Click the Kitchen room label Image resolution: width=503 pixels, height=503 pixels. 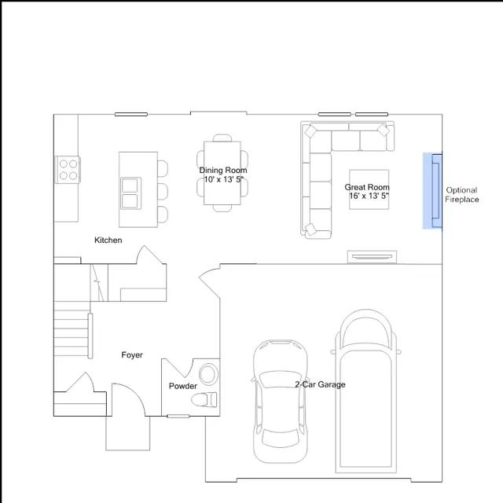tap(108, 240)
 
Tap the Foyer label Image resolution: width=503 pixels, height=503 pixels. tap(132, 354)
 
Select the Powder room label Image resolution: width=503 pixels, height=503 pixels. tap(183, 386)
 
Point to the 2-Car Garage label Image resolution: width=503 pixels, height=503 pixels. tap(320, 384)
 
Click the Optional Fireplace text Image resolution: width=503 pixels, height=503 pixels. tap(461, 195)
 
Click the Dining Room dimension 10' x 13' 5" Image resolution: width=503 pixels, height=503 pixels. tap(224, 179)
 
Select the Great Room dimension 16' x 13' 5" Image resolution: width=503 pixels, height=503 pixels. tap(369, 196)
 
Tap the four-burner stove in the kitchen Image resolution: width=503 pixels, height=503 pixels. tap(68, 170)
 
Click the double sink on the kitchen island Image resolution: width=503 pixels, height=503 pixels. tap(130, 193)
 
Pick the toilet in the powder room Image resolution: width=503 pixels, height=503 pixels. tap(204, 400)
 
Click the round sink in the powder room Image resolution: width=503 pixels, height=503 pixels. tap(208, 374)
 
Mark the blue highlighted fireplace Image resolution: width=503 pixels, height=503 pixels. tap(432, 190)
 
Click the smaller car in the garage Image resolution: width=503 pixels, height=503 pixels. tap(280, 401)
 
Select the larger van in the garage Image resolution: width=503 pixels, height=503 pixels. tap(365, 391)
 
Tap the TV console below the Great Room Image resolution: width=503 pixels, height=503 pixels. tap(372, 257)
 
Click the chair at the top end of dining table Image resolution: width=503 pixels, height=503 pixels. tap(222, 138)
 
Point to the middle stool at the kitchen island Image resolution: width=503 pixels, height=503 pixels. tap(163, 192)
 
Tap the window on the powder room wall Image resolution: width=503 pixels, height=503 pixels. tap(178, 416)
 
